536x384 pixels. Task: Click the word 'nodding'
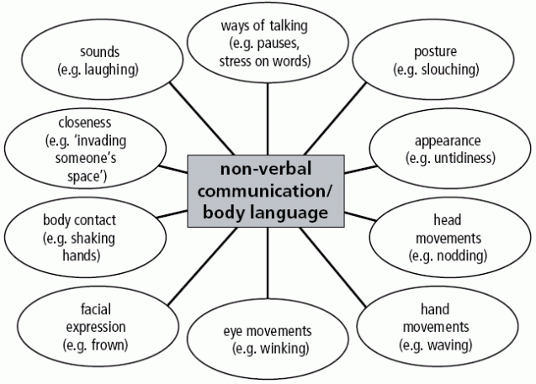tap(459, 255)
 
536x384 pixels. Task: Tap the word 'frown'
tap(109, 345)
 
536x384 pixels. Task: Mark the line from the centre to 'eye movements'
tap(268, 269)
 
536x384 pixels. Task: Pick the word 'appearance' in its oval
tap(448, 139)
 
